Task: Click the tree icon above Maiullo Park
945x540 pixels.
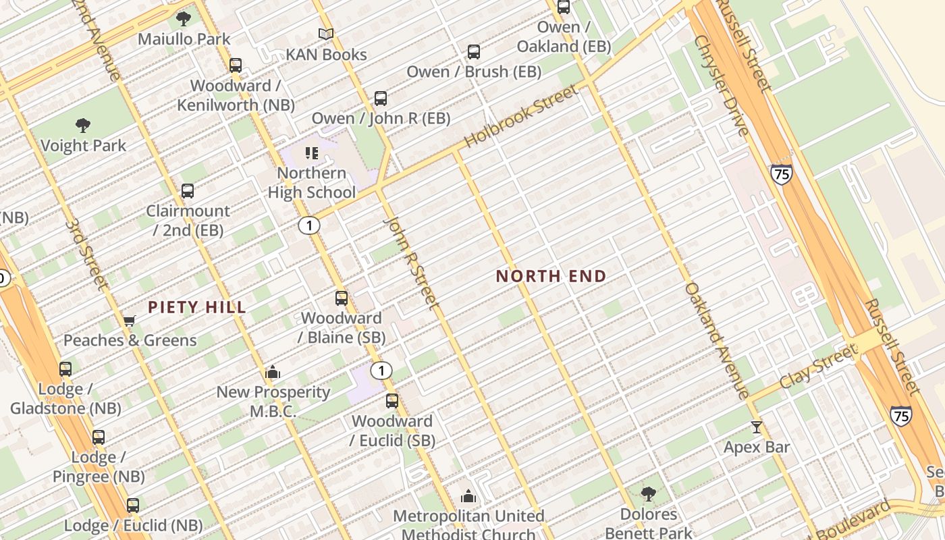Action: pos(183,18)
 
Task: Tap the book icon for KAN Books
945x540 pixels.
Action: pos(326,34)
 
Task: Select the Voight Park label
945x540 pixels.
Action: pos(83,145)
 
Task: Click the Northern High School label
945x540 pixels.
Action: pos(312,182)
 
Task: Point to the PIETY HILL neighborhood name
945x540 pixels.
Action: pos(197,308)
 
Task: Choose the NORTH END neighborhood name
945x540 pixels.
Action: pos(551,276)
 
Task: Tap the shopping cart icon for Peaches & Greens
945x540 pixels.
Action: pos(129,321)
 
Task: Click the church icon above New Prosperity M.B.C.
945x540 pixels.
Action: pos(273,372)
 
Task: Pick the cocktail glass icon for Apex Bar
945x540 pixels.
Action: pos(757,427)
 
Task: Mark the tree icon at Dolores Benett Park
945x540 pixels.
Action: pos(649,494)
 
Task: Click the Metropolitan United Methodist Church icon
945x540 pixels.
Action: pos(468,497)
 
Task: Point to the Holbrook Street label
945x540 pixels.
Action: pos(522,116)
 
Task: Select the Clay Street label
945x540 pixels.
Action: pos(818,367)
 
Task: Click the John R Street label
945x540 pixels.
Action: pos(411,263)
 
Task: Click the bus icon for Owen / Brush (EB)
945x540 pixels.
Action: pos(474,52)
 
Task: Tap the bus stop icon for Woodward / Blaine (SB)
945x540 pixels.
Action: pos(342,298)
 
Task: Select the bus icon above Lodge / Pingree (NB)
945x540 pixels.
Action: pos(99,437)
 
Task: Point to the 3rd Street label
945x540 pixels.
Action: pos(87,254)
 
